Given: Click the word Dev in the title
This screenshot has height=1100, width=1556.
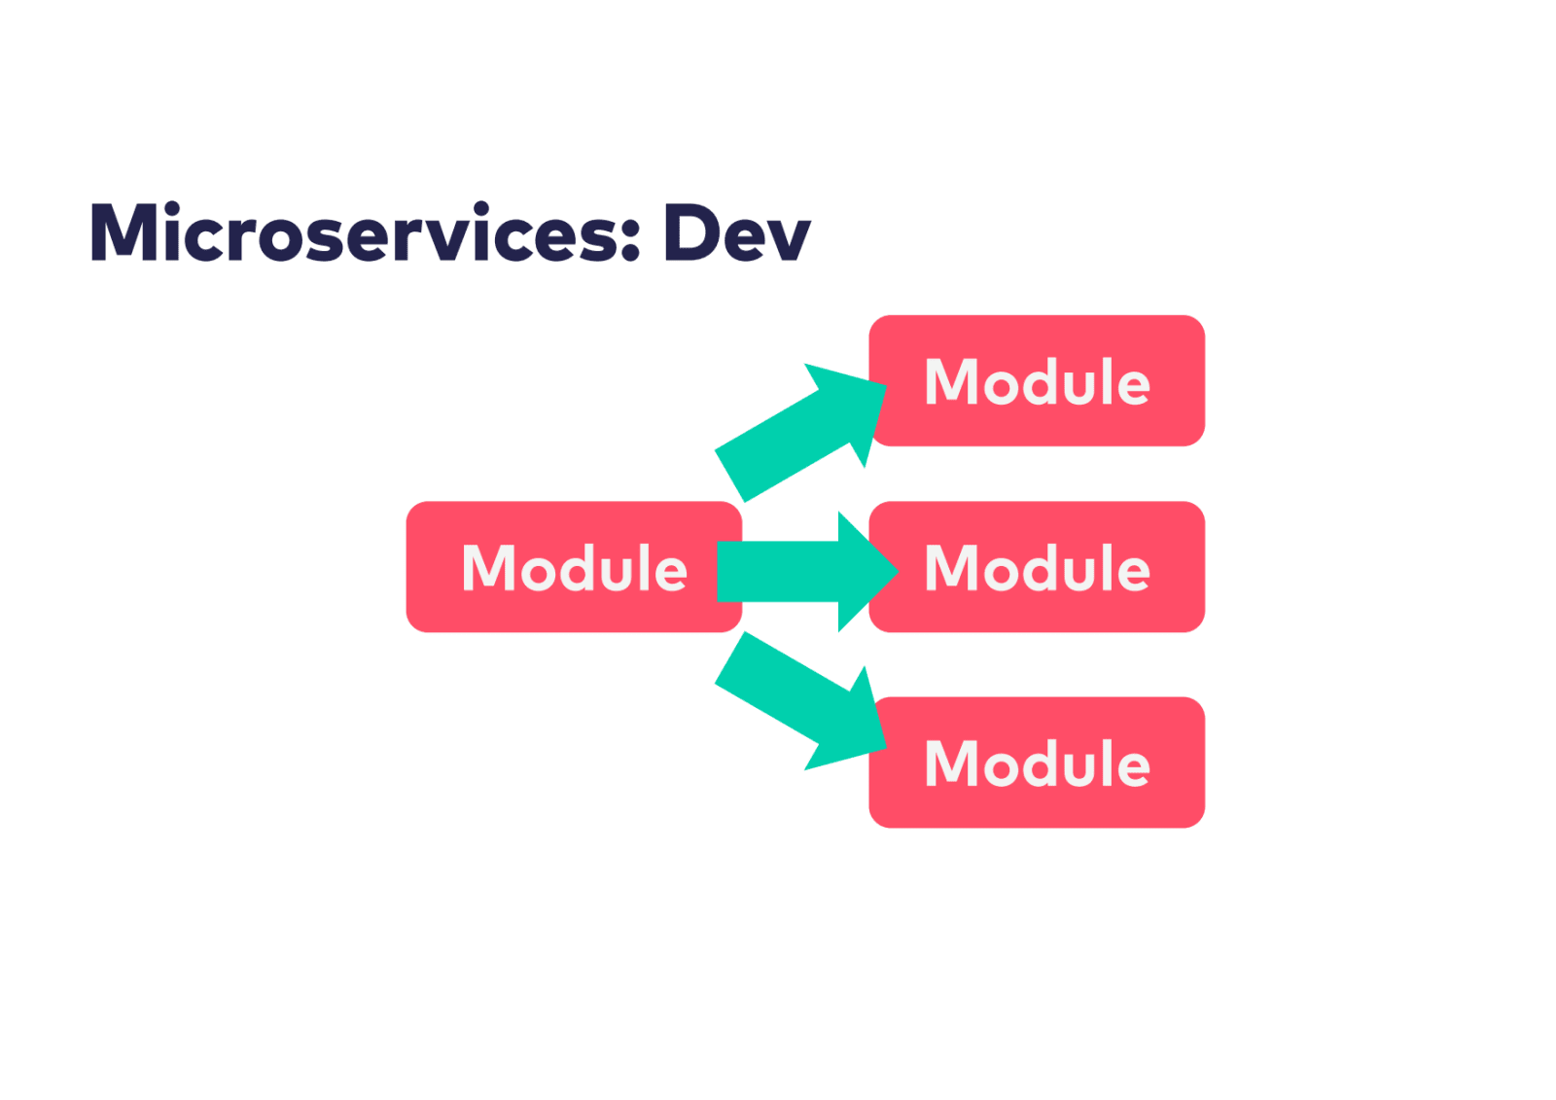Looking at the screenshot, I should [x=736, y=233].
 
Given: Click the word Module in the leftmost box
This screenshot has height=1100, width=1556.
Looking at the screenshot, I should [x=574, y=568].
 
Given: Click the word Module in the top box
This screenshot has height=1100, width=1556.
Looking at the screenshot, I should [x=1037, y=381].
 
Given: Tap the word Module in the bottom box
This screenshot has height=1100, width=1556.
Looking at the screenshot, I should [x=1037, y=763].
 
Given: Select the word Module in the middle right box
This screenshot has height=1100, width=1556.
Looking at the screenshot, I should [x=1037, y=568].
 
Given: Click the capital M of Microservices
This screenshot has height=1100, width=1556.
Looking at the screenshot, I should [x=124, y=233].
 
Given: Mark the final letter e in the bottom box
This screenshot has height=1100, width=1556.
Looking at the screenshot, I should [x=1132, y=768].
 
